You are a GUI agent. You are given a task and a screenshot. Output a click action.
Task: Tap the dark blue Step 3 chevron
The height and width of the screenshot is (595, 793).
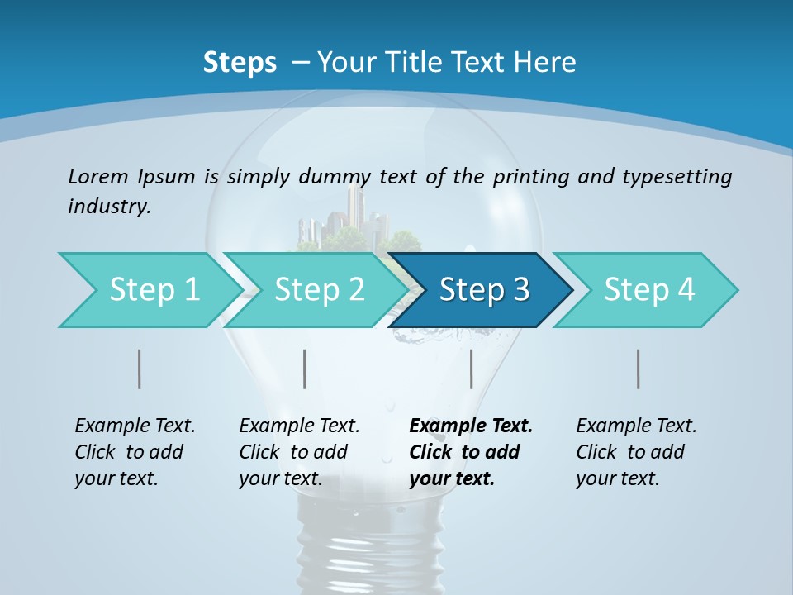tap(482, 290)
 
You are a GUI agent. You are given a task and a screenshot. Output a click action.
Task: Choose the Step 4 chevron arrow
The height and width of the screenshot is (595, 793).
tap(647, 290)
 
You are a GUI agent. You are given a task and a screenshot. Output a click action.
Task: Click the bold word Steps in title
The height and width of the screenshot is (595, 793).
tap(240, 62)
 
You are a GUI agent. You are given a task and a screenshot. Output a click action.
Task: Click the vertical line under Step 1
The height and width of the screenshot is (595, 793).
tap(140, 369)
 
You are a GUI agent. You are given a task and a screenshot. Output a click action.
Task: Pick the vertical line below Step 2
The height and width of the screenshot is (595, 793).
tap(305, 369)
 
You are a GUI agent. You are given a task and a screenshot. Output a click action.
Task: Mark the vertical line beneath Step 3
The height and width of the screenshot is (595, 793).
tap(471, 369)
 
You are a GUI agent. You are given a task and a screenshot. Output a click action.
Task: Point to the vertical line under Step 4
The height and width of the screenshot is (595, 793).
tap(638, 369)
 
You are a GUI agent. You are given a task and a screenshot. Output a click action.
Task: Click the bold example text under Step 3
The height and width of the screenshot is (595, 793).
tap(469, 452)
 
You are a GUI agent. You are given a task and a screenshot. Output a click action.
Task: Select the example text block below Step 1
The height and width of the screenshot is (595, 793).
tap(134, 452)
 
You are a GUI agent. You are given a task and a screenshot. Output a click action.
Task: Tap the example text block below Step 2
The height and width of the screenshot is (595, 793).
tap(298, 452)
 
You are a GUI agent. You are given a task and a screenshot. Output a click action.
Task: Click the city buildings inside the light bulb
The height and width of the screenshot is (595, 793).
tap(351, 219)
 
